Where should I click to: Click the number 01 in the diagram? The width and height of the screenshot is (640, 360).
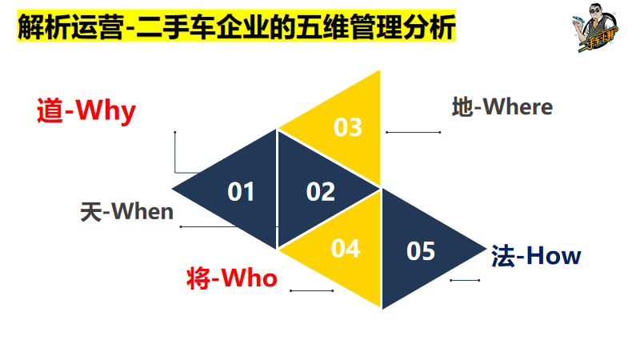[241, 192]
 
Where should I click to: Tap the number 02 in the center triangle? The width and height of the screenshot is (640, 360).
[320, 192]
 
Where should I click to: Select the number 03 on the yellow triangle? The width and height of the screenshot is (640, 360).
[348, 127]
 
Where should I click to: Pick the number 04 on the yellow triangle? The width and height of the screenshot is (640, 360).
[346, 249]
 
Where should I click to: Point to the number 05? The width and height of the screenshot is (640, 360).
[421, 251]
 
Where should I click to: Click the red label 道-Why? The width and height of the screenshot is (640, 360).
[86, 110]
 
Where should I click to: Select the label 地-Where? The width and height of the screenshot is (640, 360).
[502, 106]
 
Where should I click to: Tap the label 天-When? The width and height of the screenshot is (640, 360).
[126, 211]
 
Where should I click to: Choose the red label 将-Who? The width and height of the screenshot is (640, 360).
[231, 278]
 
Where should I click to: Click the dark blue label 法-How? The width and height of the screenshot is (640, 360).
[536, 256]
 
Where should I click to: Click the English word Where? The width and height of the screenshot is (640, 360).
[517, 106]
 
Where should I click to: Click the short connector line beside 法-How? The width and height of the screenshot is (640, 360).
[465, 280]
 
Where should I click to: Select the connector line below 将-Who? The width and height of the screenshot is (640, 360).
[311, 290]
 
